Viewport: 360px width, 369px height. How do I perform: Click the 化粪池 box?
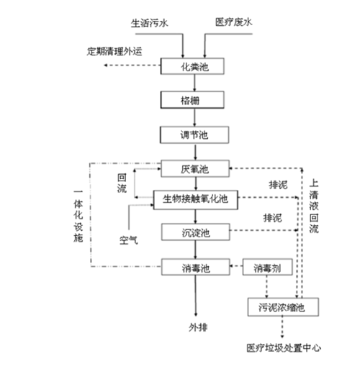point(194,66)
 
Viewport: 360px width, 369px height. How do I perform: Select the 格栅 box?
point(194,100)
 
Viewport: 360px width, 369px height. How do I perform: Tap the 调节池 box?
point(194,135)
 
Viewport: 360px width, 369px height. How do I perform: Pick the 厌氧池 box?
point(194,169)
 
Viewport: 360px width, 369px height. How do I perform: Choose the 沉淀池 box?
point(194,232)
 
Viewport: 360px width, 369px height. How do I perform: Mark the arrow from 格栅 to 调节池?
point(194,117)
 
